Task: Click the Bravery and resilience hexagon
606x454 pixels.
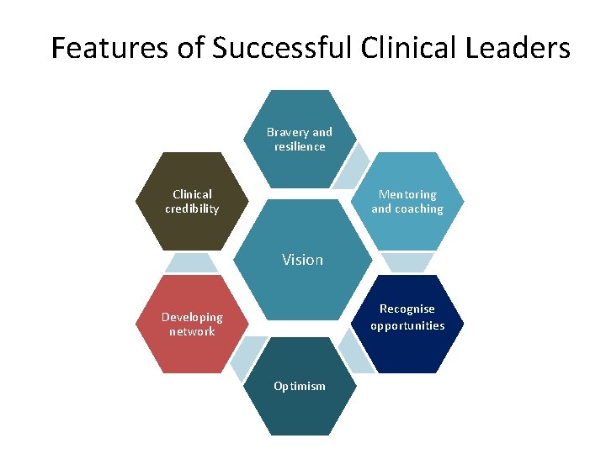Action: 299,139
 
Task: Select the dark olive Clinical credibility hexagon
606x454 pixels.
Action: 192,202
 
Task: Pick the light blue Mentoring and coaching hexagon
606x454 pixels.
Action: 407,202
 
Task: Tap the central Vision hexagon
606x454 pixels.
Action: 302,260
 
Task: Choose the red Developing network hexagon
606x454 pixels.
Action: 192,325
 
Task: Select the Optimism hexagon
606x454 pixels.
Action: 299,386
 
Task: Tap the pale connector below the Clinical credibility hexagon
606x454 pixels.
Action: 191,263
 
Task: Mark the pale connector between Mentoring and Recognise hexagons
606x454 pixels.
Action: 407,262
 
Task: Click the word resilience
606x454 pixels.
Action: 299,147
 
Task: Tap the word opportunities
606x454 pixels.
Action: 407,326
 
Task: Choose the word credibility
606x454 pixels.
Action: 192,209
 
